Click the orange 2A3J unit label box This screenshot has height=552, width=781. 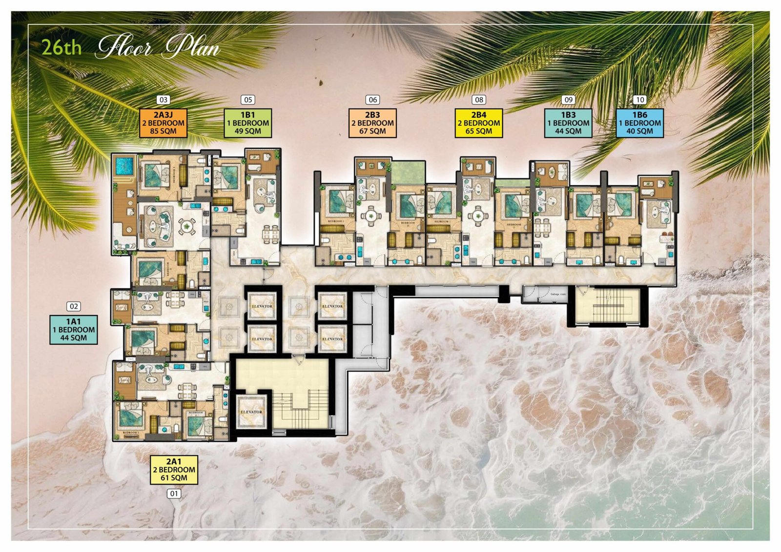pos(164,123)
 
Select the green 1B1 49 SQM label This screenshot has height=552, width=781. pos(248,123)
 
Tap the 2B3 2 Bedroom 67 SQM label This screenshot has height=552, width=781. pos(372,123)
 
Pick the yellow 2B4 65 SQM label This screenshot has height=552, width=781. pos(479,123)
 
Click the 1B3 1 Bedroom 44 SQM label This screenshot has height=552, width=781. pos(568,123)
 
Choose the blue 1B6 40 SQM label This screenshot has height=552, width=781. pos(639,123)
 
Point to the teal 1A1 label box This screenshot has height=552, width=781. pos(74,330)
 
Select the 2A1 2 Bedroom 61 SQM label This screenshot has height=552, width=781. pos(174,470)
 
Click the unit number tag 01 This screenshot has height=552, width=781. pos(174,493)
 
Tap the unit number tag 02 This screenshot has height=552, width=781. pos(74,306)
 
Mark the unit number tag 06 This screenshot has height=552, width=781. pos(373,99)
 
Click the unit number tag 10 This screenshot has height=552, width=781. pos(639,99)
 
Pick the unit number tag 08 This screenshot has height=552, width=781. pos(479,99)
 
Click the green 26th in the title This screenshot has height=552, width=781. pos(62,48)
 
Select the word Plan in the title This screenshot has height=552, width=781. pos(191,48)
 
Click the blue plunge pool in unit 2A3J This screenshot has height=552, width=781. pos(124,167)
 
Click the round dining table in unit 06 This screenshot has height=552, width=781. pos(371,214)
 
